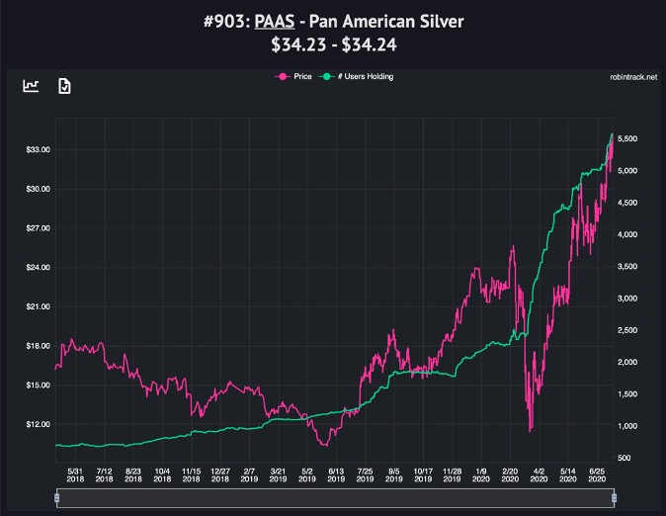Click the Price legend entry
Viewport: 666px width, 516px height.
click(296, 76)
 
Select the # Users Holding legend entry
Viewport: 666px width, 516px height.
click(360, 76)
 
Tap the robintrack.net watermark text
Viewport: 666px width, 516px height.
click(634, 76)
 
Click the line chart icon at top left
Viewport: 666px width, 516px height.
click(32, 86)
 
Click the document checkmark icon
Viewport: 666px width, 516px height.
click(64, 86)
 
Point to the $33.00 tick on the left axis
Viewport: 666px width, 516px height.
click(38, 149)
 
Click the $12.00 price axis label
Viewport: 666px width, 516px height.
click(38, 424)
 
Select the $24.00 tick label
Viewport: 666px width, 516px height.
click(38, 267)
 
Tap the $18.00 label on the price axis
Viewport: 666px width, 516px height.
click(38, 346)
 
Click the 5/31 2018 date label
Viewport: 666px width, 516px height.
click(76, 475)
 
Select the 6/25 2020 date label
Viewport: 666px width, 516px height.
click(597, 475)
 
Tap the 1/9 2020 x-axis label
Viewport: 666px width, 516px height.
click(481, 475)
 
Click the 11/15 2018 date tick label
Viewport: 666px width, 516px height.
click(192, 475)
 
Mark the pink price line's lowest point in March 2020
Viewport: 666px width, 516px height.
click(532, 431)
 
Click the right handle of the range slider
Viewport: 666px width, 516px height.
click(614, 499)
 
